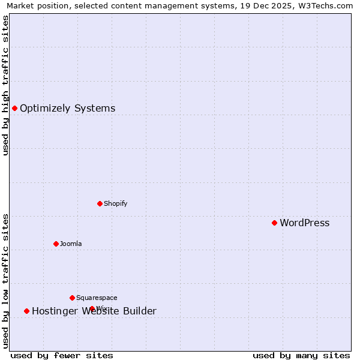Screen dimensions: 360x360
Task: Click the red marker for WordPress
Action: coord(274,223)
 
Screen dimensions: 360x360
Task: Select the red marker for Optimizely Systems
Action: coord(14,108)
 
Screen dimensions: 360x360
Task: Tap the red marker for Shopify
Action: coord(100,203)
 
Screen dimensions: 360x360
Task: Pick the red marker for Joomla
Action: coord(56,244)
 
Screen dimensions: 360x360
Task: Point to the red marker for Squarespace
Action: coord(72,298)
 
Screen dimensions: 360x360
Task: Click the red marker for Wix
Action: coord(92,308)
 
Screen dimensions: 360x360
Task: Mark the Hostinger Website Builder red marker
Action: coord(26,311)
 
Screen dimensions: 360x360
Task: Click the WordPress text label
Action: coord(304,223)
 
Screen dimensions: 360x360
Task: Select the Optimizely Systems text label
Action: coord(67,109)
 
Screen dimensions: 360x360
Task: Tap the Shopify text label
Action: coord(115,204)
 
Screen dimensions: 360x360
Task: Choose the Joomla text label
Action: coord(71,244)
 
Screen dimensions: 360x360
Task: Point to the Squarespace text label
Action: coord(97,298)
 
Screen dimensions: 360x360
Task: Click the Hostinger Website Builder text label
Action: coord(94,311)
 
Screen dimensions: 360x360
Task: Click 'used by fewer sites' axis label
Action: coord(62,355)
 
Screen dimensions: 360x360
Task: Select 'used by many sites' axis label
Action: coord(301,355)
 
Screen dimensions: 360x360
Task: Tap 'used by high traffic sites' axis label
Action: coord(5,85)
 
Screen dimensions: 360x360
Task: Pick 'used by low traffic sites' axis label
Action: coord(5,281)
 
